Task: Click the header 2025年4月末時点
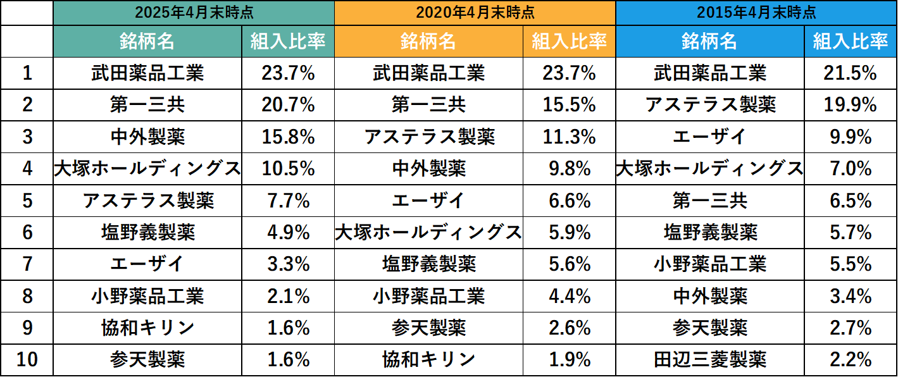pos(194,12)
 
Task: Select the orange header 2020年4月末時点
pos(475,12)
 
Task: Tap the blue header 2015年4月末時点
pos(756,12)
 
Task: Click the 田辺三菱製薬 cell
pos(709,360)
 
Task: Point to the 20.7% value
pos(288,104)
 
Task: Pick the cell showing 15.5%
pos(569,104)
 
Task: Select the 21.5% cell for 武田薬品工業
pos(851,73)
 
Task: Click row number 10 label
pos(27,360)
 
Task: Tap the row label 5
pos(27,201)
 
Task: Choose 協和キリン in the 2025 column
pos(147,328)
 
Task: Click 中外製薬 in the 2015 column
pos(709,295)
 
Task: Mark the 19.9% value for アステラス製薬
pos(851,104)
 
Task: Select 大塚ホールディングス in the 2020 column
pos(428,232)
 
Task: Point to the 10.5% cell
pos(288,168)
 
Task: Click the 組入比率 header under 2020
pos(569,42)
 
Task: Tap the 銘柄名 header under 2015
pos(709,42)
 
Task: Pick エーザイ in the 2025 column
pos(147,264)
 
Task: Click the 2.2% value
pos(851,360)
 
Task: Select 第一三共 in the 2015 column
pos(709,201)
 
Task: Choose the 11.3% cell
pos(569,136)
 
